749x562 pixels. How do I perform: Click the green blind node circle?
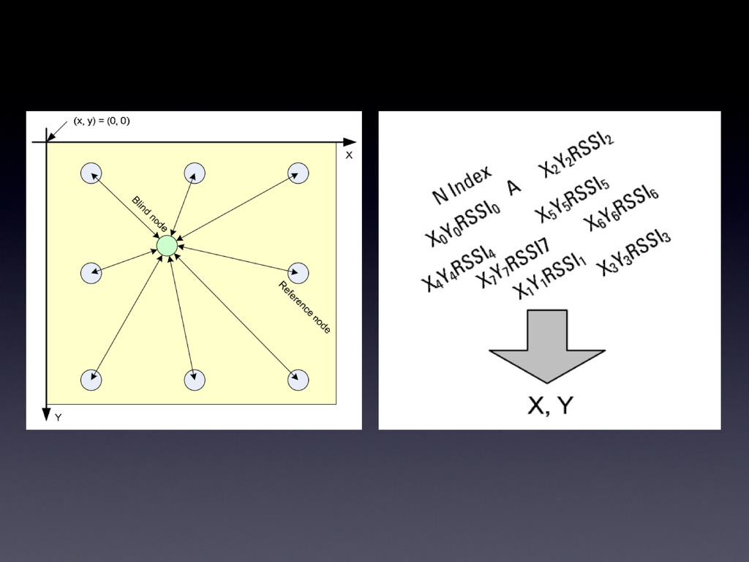[167, 246]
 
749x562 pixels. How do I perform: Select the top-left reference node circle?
[91, 173]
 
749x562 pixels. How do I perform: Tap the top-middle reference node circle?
[195, 173]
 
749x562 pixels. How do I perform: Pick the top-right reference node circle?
[298, 173]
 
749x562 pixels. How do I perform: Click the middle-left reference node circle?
[91, 273]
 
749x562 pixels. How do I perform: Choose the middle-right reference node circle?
[298, 273]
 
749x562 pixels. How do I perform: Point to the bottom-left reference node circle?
[91, 380]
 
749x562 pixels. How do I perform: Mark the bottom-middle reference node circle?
[195, 380]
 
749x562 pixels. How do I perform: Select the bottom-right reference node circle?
[298, 380]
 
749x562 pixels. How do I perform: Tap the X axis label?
[349, 155]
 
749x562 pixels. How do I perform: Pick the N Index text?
[462, 186]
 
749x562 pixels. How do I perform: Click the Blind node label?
[149, 214]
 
